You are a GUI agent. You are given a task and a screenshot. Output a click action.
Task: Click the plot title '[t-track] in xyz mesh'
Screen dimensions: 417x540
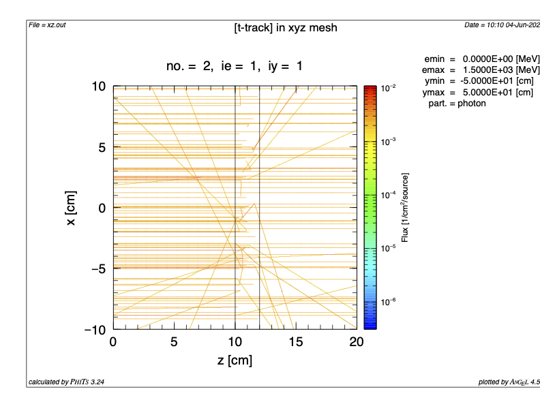click(285, 28)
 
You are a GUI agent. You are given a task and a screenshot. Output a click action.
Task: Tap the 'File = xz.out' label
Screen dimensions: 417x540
click(47, 25)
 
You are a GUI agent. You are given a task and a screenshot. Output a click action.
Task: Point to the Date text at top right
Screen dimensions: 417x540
click(502, 25)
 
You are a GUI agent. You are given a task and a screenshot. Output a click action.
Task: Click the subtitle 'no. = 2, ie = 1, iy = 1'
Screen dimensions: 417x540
click(234, 66)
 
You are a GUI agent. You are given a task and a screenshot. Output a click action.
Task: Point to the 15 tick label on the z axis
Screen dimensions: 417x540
click(295, 342)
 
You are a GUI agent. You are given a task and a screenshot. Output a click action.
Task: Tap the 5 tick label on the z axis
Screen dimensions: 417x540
click(174, 342)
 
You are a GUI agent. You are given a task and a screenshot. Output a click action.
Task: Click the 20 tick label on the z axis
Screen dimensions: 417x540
click(356, 342)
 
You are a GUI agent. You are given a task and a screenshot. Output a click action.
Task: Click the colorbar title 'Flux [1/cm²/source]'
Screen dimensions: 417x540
click(406, 208)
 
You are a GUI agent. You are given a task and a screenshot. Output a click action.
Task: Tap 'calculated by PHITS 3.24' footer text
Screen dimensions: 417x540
click(66, 382)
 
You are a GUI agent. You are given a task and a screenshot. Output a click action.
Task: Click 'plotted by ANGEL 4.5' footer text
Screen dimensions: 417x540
click(509, 382)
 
